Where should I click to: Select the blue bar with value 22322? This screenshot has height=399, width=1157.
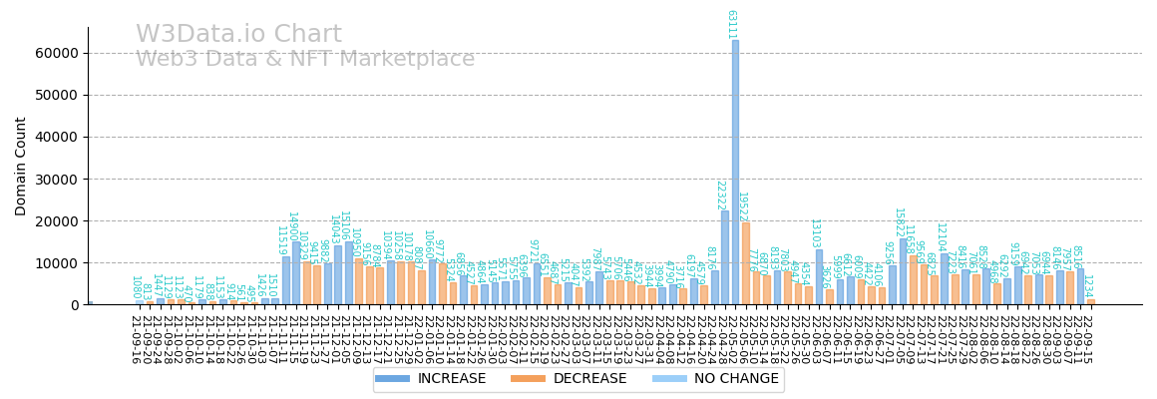coord(725,257)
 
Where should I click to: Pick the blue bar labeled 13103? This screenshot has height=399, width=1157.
coord(819,276)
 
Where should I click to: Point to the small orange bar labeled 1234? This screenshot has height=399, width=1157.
coord(1090,301)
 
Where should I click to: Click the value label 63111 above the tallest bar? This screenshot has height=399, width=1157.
coord(731,24)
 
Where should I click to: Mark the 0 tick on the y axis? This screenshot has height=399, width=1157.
coord(75,304)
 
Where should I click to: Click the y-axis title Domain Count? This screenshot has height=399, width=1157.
coord(21,166)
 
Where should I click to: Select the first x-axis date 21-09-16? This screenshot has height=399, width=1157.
coord(134,339)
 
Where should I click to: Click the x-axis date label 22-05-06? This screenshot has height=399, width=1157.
coord(736,339)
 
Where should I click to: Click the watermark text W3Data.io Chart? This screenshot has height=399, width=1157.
coord(238,35)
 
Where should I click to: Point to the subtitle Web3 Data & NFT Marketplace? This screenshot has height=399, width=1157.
coord(305,60)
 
